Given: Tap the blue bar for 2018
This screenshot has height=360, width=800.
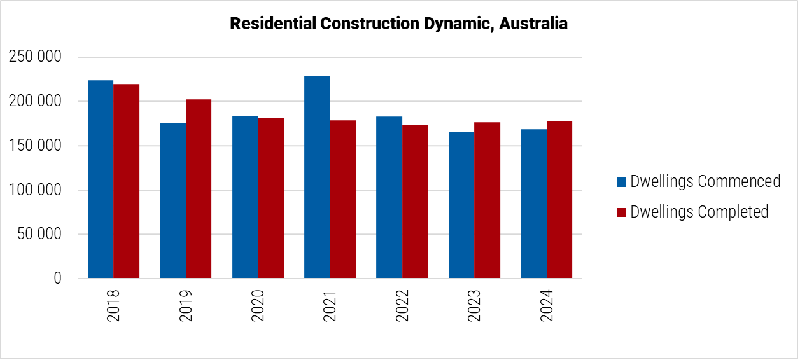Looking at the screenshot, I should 101,179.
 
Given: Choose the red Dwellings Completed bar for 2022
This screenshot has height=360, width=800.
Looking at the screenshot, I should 415,202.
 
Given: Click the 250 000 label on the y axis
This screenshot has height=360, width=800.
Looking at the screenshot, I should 35,57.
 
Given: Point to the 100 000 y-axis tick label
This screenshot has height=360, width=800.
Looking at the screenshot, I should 35,190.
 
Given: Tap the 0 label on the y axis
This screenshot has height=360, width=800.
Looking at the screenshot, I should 57,279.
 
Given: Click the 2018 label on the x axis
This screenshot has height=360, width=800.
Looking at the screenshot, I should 113,306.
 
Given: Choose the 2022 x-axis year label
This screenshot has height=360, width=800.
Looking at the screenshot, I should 402,306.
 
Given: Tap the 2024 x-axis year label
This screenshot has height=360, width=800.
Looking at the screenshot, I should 546,306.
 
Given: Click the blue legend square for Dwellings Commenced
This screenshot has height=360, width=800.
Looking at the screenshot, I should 621,182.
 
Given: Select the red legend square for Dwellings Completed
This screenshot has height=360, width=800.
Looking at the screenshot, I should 621,212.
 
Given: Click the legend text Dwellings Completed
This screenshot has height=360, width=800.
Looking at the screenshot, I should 699,212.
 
